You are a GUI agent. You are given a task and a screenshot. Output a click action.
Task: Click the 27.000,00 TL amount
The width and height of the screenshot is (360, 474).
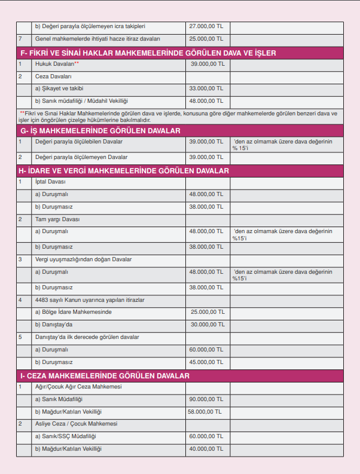point(206,26)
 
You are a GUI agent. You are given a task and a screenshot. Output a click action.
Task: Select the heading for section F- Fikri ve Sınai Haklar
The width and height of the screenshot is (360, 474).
point(148,53)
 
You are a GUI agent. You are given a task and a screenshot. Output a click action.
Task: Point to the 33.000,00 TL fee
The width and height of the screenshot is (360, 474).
point(206,88)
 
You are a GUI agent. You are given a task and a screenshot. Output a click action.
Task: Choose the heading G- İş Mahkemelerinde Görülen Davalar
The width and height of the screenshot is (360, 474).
point(100,130)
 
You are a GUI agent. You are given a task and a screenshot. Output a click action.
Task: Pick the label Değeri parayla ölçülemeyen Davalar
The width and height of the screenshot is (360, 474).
point(81,157)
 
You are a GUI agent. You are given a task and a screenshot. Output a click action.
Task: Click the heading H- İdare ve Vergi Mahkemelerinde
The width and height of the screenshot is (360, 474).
point(125,171)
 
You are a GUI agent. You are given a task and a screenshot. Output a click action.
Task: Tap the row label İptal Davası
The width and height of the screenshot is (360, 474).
point(50,182)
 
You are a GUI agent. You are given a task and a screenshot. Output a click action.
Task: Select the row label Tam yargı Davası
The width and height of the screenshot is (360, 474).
point(57,219)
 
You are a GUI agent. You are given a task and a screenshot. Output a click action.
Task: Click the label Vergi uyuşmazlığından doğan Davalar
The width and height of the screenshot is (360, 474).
point(83,259)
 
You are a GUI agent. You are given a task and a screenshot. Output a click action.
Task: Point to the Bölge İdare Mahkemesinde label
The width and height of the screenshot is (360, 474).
point(73,312)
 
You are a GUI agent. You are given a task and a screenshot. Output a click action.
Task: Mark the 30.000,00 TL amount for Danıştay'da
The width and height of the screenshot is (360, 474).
point(208,325)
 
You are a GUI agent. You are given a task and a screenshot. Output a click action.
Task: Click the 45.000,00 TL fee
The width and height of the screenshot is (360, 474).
point(206,362)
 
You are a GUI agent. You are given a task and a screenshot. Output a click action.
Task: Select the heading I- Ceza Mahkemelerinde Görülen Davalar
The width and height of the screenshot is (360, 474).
point(105,376)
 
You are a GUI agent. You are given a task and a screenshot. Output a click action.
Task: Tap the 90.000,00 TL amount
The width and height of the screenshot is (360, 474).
point(206,399)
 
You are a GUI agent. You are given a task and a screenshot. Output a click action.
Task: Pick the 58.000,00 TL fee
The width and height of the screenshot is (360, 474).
point(205,411)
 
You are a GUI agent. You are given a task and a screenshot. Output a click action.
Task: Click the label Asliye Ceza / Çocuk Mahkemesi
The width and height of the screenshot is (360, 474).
point(76,424)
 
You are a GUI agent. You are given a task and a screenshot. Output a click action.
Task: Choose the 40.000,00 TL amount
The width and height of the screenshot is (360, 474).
point(206,449)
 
